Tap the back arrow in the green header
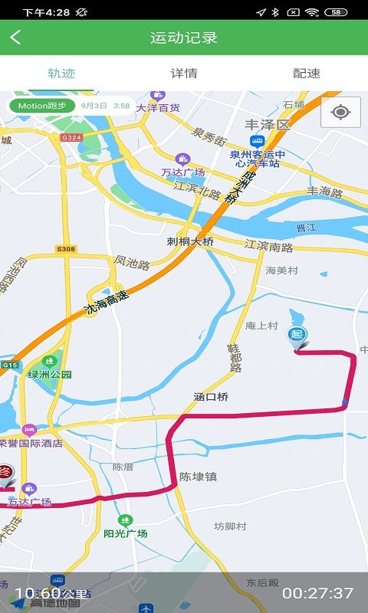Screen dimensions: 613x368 click(x=16, y=38)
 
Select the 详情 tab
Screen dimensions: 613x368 click(x=184, y=74)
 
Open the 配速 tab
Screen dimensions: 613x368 click(x=307, y=74)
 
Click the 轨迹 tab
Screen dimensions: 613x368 click(x=61, y=74)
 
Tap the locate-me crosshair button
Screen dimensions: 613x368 click(x=340, y=113)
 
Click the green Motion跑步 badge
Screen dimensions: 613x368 click(x=41, y=106)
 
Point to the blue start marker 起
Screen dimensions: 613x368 click(x=296, y=336)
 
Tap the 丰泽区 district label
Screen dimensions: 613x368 click(x=268, y=124)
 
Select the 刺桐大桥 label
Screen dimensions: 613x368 click(x=190, y=241)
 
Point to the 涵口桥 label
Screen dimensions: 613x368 click(x=211, y=397)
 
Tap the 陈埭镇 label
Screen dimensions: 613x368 click(x=198, y=477)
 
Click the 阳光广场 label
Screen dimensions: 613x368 click(x=126, y=533)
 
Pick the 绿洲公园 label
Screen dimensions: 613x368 click(x=49, y=375)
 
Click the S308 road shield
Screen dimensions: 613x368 click(x=66, y=249)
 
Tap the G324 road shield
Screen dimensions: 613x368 click(x=70, y=137)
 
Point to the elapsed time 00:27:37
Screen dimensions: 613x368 click(x=317, y=593)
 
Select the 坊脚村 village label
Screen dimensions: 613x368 click(x=230, y=526)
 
